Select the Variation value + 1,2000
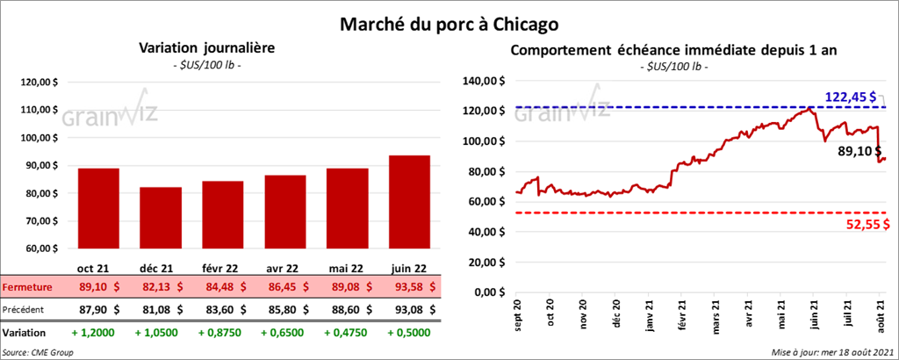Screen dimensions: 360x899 [98, 334]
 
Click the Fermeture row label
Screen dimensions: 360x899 [27, 287]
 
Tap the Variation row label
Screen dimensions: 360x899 [25, 334]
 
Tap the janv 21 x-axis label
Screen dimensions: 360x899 [651, 313]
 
